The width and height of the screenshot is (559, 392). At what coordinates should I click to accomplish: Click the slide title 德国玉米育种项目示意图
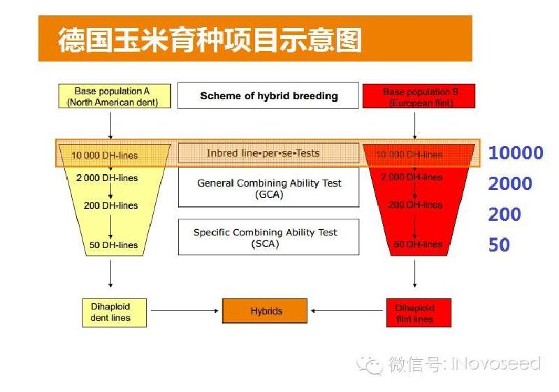210,40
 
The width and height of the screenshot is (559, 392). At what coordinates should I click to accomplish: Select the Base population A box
112,96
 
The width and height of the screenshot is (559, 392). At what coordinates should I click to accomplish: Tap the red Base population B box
420,96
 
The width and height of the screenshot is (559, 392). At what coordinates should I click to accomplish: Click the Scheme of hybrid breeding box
269,96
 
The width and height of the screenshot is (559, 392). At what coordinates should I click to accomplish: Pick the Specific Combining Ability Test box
269,238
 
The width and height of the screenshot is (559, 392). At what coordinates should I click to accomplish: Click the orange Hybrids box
266,311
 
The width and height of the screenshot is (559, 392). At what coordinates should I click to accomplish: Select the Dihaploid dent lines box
110,312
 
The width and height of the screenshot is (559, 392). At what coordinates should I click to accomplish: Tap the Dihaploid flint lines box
419,312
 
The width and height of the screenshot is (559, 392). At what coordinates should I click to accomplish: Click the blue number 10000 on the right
515,153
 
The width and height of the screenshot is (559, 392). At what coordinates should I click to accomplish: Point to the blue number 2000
510,184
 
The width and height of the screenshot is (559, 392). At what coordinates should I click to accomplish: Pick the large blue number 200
504,215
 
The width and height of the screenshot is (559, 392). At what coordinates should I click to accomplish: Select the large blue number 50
499,245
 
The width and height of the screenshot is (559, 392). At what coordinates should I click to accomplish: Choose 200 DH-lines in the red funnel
415,205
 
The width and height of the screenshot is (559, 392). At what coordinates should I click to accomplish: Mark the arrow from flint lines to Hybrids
347,311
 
